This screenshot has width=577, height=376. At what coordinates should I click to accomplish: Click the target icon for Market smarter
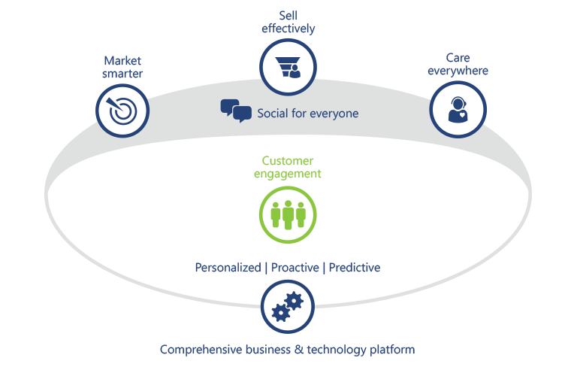[x=123, y=110]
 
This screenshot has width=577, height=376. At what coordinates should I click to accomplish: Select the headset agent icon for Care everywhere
[x=458, y=108]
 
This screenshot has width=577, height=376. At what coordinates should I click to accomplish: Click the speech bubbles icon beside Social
[x=236, y=111]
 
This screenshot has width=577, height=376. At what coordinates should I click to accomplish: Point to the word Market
[x=122, y=60]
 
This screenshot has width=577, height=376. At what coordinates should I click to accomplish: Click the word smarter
[x=122, y=74]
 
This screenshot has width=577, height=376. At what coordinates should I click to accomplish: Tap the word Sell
[x=288, y=16]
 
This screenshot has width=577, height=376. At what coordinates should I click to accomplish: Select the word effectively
[x=288, y=29]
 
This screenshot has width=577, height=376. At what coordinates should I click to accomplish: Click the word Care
[x=458, y=58]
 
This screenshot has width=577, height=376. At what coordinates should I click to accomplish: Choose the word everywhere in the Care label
[x=458, y=71]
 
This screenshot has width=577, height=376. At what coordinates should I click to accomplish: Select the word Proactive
[x=294, y=267]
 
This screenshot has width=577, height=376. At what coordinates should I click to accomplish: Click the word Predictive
[x=355, y=267]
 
